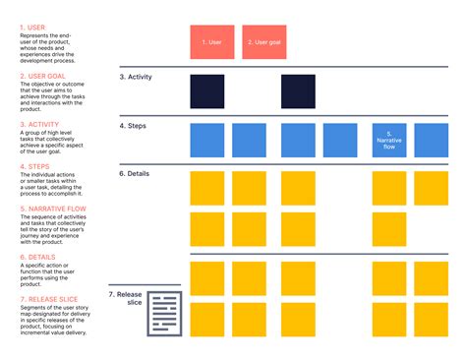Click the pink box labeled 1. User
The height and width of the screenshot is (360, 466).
pos(211,42)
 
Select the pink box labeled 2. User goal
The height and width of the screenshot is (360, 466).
pos(263,42)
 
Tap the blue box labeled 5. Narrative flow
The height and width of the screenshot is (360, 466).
pos(389,141)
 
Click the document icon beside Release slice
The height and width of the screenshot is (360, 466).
pos(164,314)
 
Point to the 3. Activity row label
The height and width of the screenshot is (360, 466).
pos(136,77)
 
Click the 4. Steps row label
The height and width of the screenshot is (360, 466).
pos(134,126)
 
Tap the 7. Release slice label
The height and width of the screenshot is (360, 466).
pos(126,298)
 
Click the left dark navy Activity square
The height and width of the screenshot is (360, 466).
pos(206,91)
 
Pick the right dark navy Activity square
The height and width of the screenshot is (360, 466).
pos(298,91)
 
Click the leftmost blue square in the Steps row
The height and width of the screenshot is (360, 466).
pos(206,141)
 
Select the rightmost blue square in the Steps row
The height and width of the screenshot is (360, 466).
pos(431,141)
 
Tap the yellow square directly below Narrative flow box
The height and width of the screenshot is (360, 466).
pos(389,188)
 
